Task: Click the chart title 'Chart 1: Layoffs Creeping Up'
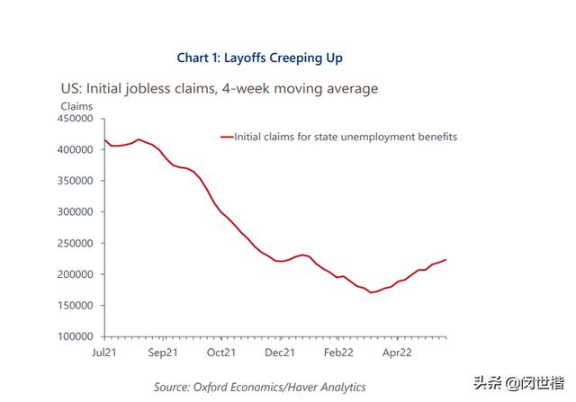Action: [x=259, y=58]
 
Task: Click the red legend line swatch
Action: [x=226, y=138]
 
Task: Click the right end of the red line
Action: [x=445, y=260]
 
